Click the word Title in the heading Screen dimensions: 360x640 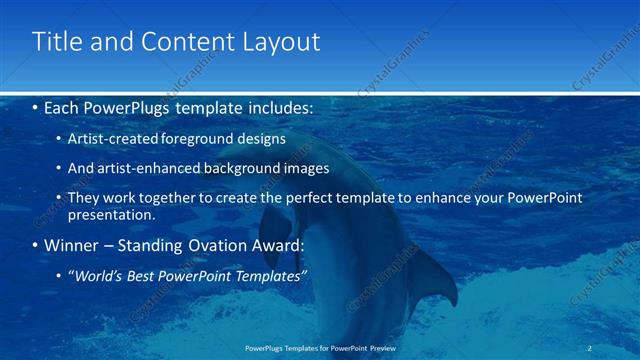pyautogui.click(x=55, y=42)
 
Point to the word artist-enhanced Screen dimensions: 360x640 pyautogui.click(x=145, y=168)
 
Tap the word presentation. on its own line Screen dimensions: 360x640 pyautogui.click(x=112, y=214)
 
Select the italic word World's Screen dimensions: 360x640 pyautogui.click(x=100, y=275)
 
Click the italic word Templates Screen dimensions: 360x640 pyautogui.click(x=268, y=275)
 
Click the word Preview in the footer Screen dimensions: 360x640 pyautogui.click(x=382, y=348)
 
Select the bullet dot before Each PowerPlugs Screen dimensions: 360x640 pyautogui.click(x=36, y=106)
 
